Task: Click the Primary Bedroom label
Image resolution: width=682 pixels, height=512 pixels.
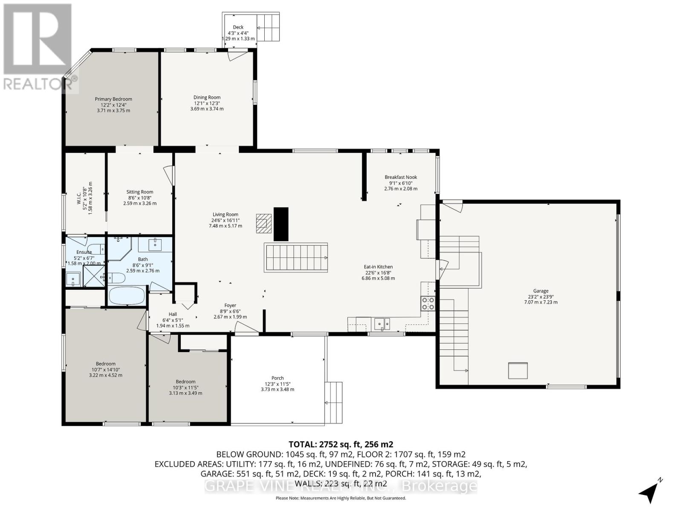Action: click(x=113, y=105)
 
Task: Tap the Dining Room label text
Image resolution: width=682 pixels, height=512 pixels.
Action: click(x=207, y=103)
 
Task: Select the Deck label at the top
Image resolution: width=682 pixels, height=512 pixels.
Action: click(x=238, y=27)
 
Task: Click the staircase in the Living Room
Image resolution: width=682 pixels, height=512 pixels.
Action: click(x=296, y=257)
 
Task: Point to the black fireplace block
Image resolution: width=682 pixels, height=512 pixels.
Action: click(x=281, y=224)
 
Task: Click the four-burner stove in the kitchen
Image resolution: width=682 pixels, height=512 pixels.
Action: click(x=428, y=303)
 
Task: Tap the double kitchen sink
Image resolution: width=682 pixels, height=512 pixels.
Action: click(x=382, y=324)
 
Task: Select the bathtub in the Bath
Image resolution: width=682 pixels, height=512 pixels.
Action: click(x=127, y=295)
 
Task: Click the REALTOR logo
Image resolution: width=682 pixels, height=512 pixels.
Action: click(x=38, y=47)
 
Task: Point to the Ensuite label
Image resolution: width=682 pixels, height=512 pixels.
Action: click(x=84, y=252)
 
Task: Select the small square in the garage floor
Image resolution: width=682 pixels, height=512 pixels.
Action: click(x=517, y=370)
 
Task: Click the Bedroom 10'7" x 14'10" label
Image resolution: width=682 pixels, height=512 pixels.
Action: click(x=105, y=369)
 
